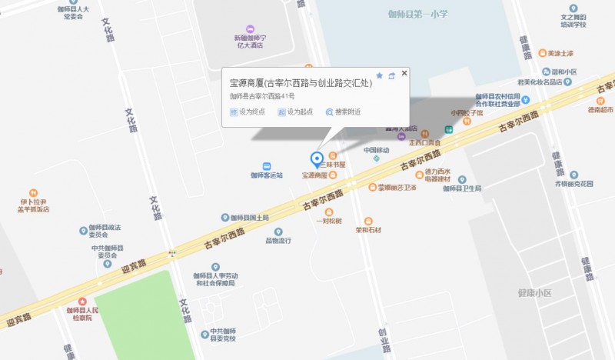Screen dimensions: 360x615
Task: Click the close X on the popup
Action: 404,73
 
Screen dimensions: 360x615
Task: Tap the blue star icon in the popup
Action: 379,75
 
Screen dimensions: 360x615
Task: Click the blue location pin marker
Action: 316,158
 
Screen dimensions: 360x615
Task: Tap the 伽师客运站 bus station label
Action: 267,175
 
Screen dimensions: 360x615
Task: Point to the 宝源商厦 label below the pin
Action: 314,175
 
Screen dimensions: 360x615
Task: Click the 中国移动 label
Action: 377,150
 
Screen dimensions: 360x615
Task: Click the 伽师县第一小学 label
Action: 418,15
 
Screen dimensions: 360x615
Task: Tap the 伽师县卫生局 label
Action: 462,188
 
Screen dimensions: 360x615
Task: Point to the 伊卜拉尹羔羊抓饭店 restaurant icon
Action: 33,193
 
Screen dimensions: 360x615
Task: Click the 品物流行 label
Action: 278,240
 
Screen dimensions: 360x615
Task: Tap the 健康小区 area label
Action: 535,293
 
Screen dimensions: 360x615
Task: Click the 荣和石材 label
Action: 368,229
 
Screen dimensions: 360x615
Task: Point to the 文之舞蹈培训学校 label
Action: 573,20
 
